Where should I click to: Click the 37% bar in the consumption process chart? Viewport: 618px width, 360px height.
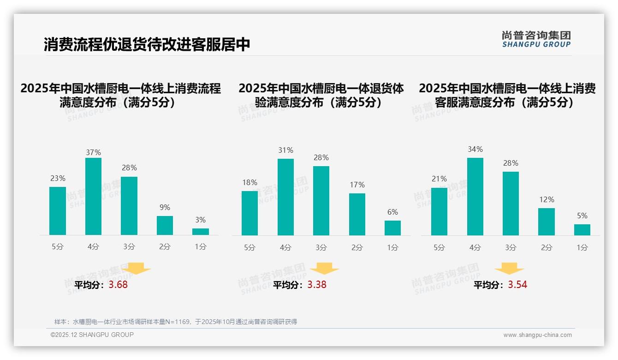pos(93,196)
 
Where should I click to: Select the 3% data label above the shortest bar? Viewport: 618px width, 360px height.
pos(200,220)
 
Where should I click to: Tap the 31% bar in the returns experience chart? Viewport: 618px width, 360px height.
pos(285,197)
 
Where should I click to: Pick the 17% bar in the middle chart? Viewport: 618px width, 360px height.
pos(357,214)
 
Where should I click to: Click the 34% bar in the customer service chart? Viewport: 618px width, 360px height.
pos(475,197)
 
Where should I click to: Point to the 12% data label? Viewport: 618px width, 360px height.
pos(547,200)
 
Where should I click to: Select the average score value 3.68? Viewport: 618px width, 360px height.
pos(118,285)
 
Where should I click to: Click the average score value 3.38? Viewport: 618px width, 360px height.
pos(317,285)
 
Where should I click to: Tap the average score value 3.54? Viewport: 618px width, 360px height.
pos(517,285)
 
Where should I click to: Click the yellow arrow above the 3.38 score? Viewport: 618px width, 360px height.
pos(324,269)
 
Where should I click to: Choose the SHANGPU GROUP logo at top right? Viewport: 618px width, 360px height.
pos(536,39)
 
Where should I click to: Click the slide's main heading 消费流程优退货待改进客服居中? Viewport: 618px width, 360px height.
pos(147,45)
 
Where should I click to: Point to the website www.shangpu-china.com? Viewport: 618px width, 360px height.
pos(537,335)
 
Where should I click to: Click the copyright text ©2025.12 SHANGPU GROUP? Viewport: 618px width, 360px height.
pos(92,335)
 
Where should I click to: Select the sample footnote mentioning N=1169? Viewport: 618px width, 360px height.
pos(176,322)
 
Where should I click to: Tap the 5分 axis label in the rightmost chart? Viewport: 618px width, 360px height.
pos(439,248)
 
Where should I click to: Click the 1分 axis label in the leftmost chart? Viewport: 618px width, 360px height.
pos(200,247)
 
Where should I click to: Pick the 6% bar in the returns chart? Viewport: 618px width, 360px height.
pos(392,228)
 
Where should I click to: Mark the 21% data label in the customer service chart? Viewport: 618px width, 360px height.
pos(439,179)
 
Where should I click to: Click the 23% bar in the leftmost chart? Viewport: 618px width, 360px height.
pos(58,211)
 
